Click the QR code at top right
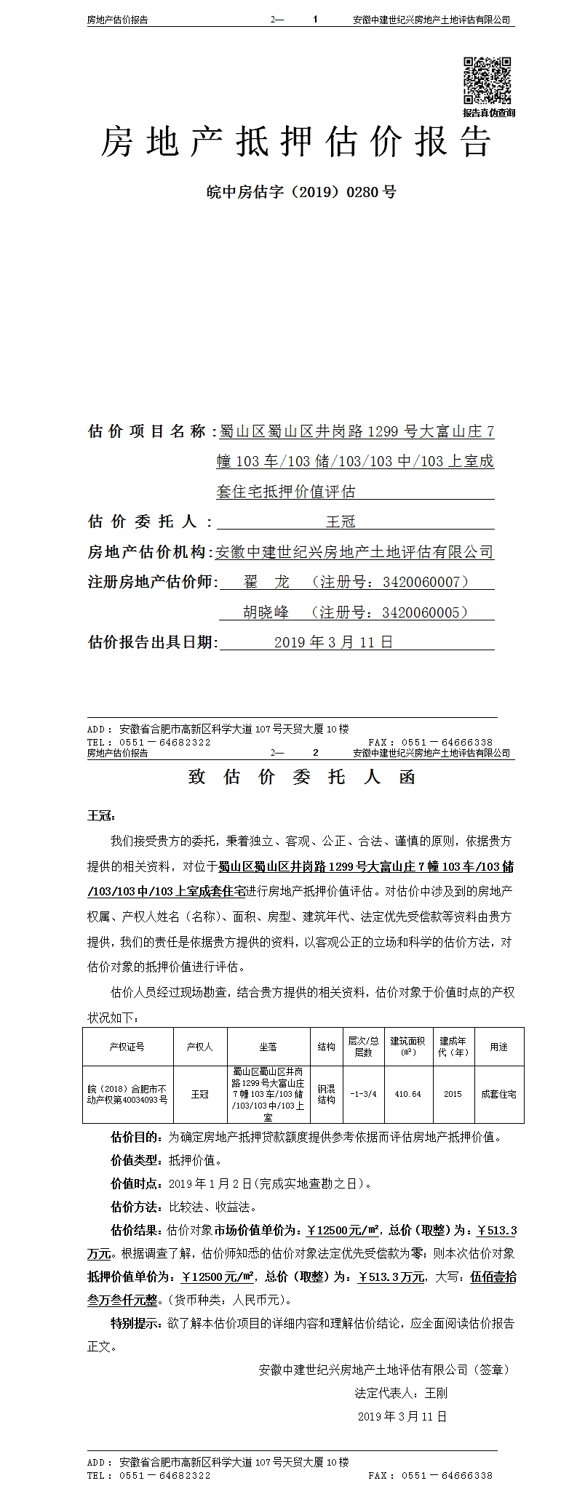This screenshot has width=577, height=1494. [x=488, y=81]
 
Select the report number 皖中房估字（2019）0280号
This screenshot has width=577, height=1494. [x=301, y=193]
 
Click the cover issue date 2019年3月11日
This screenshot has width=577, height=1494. [x=333, y=642]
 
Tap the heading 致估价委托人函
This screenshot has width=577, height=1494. [x=301, y=777]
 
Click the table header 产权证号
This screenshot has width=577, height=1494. [x=127, y=1047]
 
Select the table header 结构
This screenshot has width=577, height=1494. [x=326, y=1047]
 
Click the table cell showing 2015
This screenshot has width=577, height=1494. [x=453, y=1094]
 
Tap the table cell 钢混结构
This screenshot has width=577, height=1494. [x=326, y=1095]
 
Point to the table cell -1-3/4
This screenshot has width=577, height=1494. [x=363, y=1094]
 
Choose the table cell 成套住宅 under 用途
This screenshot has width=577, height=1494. [x=498, y=1094]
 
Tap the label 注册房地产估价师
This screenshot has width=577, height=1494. [x=152, y=582]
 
